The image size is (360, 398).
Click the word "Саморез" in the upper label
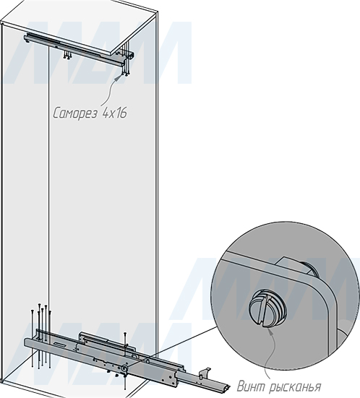point(75,113)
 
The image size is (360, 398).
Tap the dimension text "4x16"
point(114,113)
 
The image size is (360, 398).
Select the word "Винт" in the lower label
point(250,386)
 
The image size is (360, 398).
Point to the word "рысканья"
point(294,387)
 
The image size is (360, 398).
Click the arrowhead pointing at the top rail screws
point(117,77)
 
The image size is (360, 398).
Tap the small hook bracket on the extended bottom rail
point(205,373)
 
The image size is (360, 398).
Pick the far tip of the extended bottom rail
point(228,388)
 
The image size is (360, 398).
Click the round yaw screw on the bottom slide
point(124,368)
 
